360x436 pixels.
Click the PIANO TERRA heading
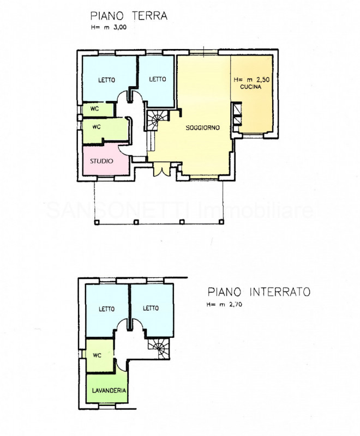coord(129,16)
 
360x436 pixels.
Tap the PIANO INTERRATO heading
coord(259,292)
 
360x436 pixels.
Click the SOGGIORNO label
coord(202,128)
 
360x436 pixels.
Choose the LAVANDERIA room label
coord(106,391)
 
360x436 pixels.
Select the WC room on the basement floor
coord(99,355)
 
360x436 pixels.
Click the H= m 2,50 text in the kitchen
coord(251,80)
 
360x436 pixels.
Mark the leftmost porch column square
coord(96,222)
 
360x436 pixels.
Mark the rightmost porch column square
coord(221,222)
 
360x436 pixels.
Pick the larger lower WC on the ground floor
coord(98,128)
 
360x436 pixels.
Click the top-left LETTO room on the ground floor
coord(107,80)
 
